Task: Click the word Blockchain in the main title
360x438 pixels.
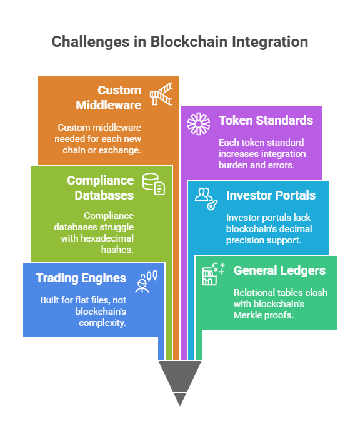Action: pos(189,42)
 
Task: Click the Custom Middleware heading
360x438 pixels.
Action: pos(109,98)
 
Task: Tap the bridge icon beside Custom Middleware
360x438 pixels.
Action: pos(161,94)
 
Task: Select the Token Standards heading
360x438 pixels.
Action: pos(266,120)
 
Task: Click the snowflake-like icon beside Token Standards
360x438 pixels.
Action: pos(199,124)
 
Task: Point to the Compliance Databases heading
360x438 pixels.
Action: pos(101,188)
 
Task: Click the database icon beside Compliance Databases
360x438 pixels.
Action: pos(154,184)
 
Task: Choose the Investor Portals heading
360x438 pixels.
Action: pos(271,195)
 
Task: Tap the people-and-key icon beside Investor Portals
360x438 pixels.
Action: pos(206,198)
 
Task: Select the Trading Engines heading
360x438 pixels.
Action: pos(81,278)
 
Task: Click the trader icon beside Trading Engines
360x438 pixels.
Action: pos(146,282)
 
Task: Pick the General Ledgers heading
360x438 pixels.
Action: pos(279,270)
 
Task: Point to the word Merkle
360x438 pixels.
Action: pos(246,315)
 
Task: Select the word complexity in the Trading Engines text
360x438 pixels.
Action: pos(102,323)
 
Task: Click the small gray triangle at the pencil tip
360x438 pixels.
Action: pos(180,399)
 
